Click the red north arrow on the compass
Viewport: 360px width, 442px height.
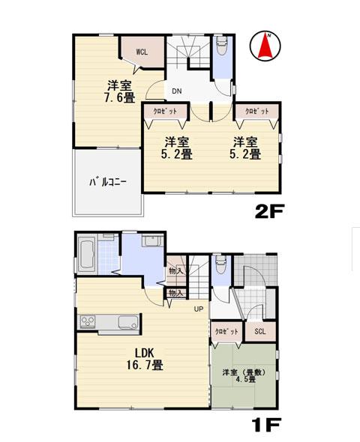click(265, 46)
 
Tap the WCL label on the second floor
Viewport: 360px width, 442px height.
click(142, 52)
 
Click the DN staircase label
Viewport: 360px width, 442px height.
click(177, 91)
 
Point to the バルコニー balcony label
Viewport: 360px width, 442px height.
click(108, 181)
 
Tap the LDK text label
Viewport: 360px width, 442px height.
click(145, 352)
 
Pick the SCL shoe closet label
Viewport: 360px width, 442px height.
click(259, 331)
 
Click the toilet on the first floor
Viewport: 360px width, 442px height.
click(220, 267)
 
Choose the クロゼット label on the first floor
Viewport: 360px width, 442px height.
click(226, 331)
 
